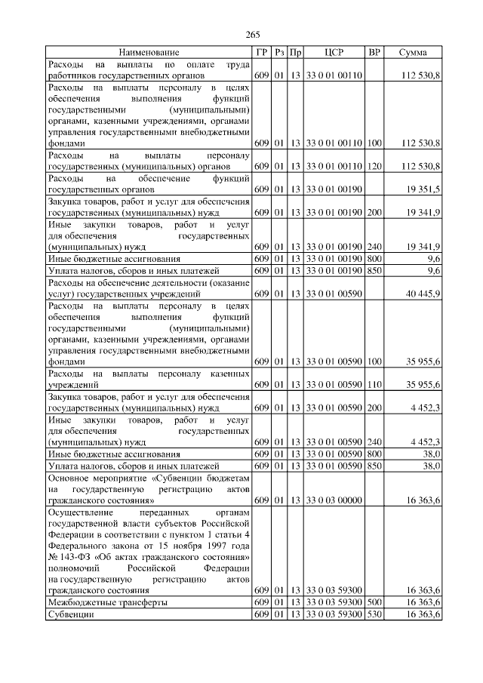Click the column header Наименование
pyautogui.click(x=149, y=52)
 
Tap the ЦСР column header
pyautogui.click(x=334, y=52)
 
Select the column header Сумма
pyautogui.click(x=413, y=52)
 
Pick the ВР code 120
pyautogui.click(x=375, y=166)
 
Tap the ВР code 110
pyautogui.click(x=375, y=385)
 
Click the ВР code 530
pyautogui.click(x=375, y=615)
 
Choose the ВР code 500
pyautogui.click(x=375, y=603)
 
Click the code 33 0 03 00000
pyautogui.click(x=334, y=500)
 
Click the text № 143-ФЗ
pyautogui.click(x=71, y=556)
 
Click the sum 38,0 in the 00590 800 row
pyautogui.click(x=432, y=454)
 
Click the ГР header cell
pyautogui.click(x=261, y=52)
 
